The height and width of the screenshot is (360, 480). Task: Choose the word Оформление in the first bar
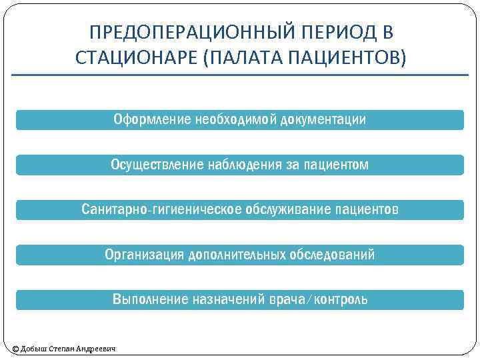point(152,120)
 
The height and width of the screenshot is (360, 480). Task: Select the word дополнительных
point(238,255)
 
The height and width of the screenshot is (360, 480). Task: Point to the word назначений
point(225,299)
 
